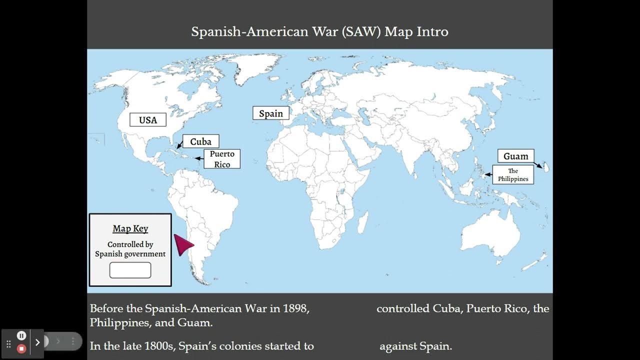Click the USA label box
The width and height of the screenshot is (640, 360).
pos(147,120)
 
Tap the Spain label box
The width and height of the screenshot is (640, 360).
pos(270,113)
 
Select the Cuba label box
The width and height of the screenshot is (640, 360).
pos(200,141)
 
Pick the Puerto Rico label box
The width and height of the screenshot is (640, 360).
pos(222,159)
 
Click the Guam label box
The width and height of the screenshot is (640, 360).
pos(515,156)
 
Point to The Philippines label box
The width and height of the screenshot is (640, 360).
pos(513,174)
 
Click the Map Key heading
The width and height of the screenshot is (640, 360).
pos(130,228)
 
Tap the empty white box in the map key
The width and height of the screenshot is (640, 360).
pos(130,270)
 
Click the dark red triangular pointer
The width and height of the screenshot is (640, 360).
pos(182,245)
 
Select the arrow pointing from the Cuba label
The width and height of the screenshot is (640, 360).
pos(179,145)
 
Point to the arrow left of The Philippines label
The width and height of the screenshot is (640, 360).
pos(488,174)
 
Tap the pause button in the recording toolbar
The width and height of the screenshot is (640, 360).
pos(21,335)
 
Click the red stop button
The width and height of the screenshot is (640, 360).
pos(21,348)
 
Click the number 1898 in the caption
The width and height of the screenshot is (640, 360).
pos(295,308)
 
